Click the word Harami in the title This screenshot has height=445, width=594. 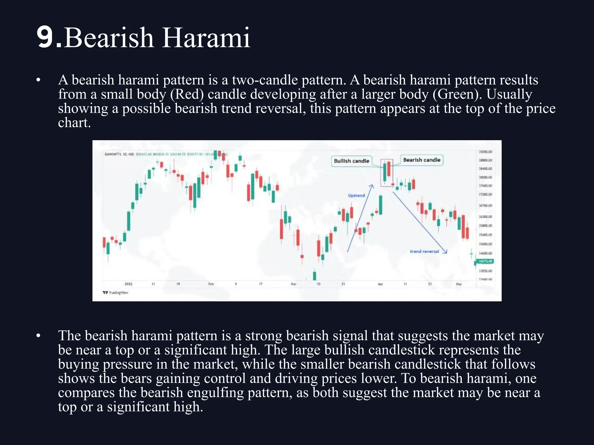[206, 38]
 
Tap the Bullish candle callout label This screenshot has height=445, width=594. [351, 161]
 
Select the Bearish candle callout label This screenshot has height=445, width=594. [421, 160]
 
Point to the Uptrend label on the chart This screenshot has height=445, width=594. [356, 196]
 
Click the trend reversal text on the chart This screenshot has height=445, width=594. [424, 251]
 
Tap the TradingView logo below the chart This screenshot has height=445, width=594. [115, 293]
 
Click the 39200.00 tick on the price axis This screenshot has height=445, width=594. [485, 152]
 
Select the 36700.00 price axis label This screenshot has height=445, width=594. [485, 206]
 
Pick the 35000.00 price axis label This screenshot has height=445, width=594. [485, 244]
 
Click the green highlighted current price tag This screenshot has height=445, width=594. [485, 261]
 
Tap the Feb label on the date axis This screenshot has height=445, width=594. [211, 284]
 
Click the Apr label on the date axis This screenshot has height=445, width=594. [380, 284]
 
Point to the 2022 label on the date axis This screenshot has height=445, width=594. [128, 284]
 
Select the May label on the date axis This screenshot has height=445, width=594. [459, 284]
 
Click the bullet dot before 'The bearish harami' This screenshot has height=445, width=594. [38, 336]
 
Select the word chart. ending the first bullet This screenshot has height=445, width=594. [74, 123]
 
